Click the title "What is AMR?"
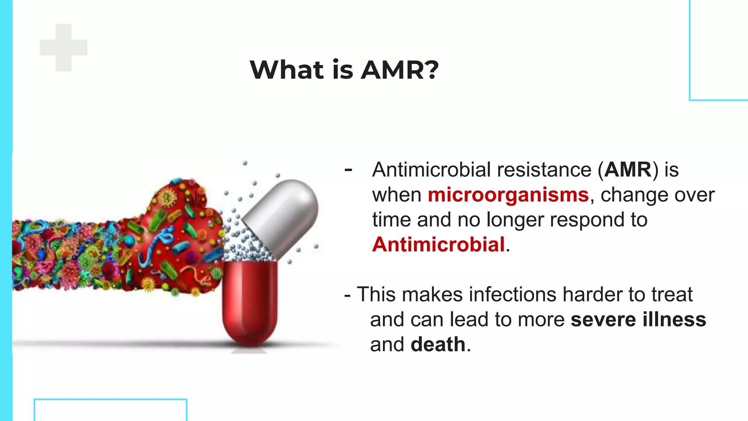(344, 69)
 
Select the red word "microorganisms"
(508, 195)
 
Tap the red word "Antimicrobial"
(438, 244)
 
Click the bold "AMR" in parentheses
(627, 170)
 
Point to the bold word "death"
(438, 345)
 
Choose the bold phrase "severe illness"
(638, 319)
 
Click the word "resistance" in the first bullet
(544, 170)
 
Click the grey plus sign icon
(64, 48)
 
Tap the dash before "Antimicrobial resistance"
(348, 169)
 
